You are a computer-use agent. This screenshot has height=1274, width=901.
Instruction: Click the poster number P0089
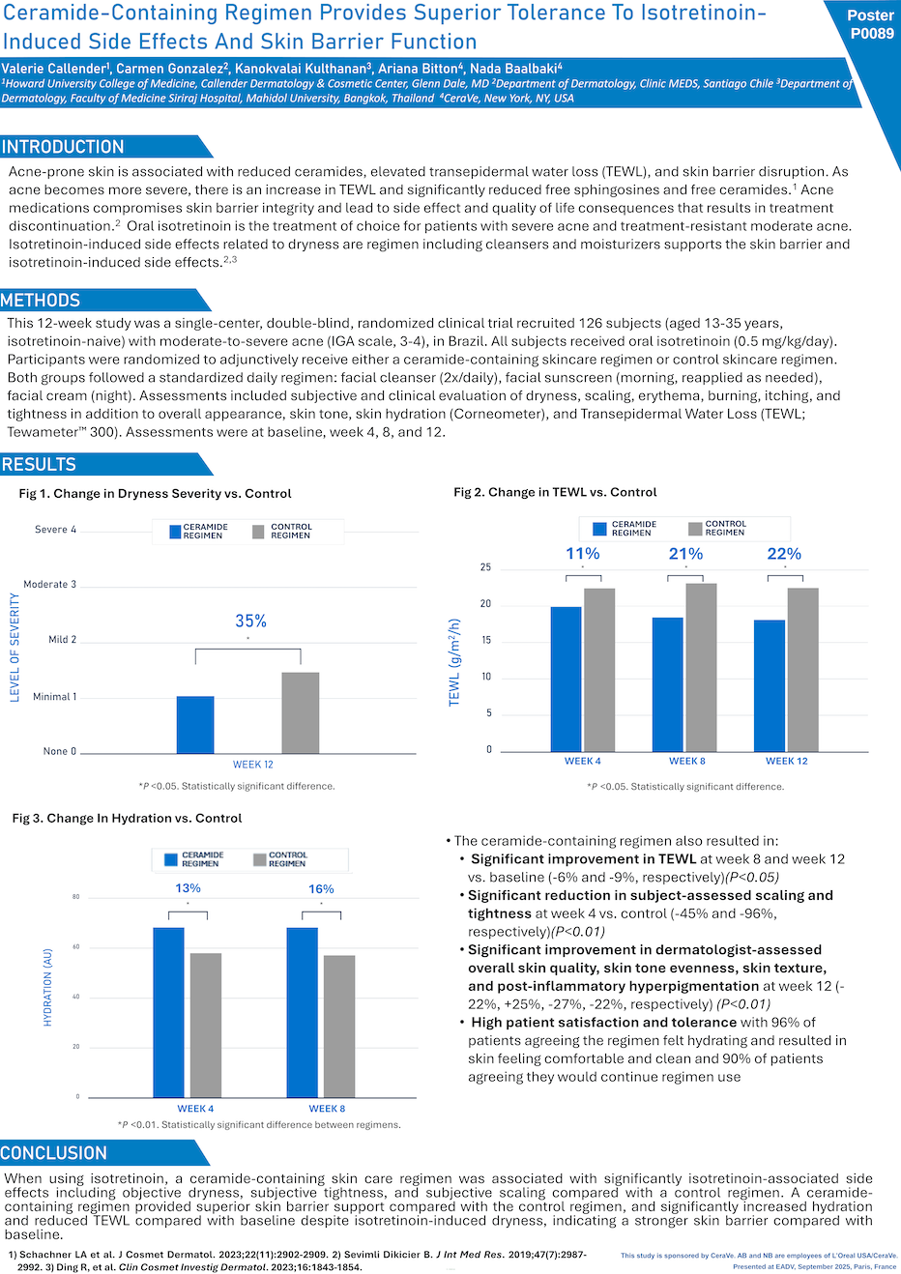pyautogui.click(x=871, y=33)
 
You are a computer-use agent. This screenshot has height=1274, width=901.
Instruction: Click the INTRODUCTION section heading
pyautogui.click(x=64, y=147)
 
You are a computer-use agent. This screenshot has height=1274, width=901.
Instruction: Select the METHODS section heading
pyautogui.click(x=41, y=301)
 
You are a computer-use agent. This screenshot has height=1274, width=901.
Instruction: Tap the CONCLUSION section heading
pyautogui.click(x=54, y=1153)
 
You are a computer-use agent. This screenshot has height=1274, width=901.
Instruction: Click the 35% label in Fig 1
pyautogui.click(x=250, y=621)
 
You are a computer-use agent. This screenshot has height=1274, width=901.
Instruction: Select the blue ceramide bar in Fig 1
pyautogui.click(x=195, y=724)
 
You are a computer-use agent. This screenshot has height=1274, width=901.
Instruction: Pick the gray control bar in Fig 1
pyautogui.click(x=300, y=712)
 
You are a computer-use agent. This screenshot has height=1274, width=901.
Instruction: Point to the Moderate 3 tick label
pyautogui.click(x=49, y=584)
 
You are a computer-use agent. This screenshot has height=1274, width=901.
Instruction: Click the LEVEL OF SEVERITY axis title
pyautogui.click(x=15, y=648)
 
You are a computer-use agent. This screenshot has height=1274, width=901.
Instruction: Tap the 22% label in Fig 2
pyautogui.click(x=783, y=554)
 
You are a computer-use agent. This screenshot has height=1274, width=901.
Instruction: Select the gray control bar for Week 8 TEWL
pyautogui.click(x=701, y=667)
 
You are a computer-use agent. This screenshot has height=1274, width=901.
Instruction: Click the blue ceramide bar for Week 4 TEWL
pyautogui.click(x=566, y=679)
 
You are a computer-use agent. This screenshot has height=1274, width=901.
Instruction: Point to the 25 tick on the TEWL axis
pyautogui.click(x=485, y=567)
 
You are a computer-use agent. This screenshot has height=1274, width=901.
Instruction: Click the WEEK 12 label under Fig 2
pyautogui.click(x=786, y=761)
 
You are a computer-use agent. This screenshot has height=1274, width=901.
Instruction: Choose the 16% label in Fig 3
pyautogui.click(x=321, y=889)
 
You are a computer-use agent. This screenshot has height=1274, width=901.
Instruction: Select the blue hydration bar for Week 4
pyautogui.click(x=168, y=1012)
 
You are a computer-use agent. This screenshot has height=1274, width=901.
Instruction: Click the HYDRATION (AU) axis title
pyautogui.click(x=47, y=987)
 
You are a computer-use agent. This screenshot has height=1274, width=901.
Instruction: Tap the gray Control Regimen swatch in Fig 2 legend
pyautogui.click(x=695, y=529)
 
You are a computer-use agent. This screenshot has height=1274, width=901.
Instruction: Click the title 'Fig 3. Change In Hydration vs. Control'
pyautogui.click(x=127, y=818)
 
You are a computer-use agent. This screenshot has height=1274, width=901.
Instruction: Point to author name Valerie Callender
pyautogui.click(x=55, y=69)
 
